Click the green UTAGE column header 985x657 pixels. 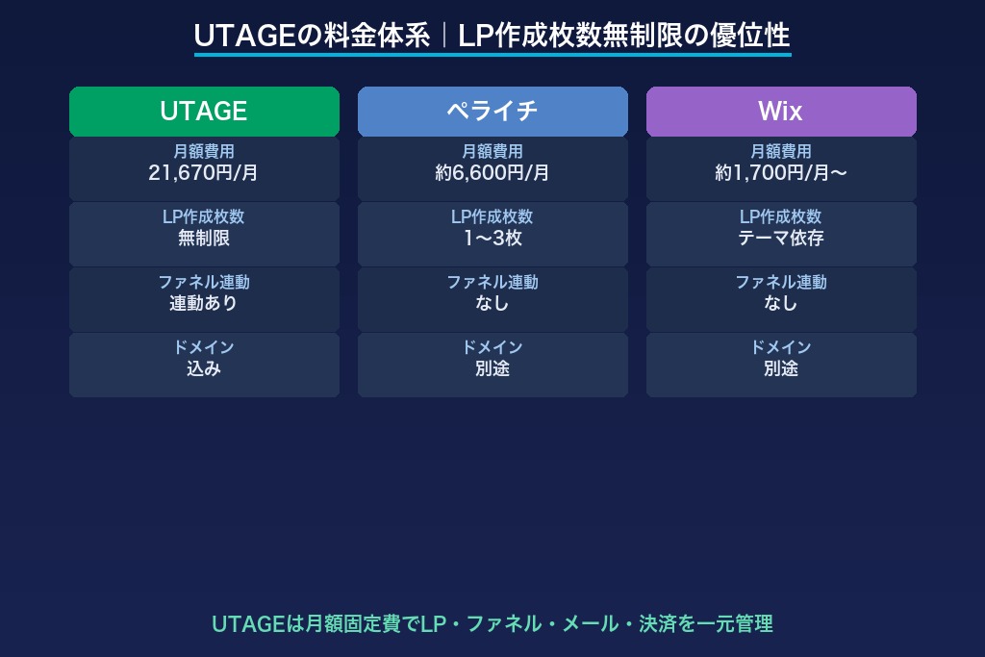(204, 112)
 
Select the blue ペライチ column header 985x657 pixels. (492, 112)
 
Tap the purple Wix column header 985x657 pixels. (780, 112)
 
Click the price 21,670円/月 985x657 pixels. (204, 173)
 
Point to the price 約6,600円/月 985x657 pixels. (492, 173)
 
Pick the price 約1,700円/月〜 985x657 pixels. (780, 173)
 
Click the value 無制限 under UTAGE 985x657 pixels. (204, 239)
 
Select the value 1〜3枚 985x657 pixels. (492, 239)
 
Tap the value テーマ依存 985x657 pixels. (780, 239)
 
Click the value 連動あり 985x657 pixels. (204, 303)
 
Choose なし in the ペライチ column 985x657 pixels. (492, 303)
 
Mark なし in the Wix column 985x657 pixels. (780, 303)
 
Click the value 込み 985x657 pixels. (204, 368)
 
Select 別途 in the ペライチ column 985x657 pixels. (492, 368)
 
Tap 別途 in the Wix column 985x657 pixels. (780, 368)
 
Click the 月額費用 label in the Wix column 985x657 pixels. (780, 152)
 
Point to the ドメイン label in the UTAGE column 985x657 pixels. (204, 347)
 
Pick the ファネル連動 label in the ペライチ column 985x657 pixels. (492, 282)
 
